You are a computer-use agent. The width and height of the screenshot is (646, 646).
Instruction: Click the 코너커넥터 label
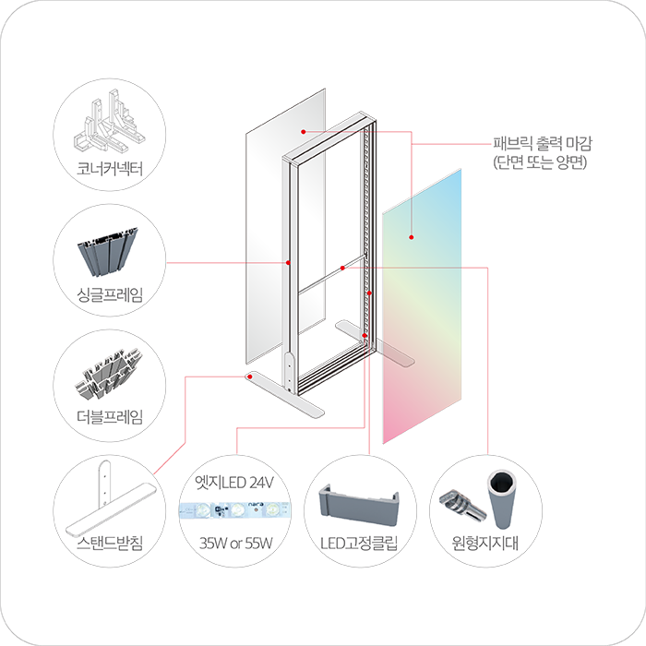112,168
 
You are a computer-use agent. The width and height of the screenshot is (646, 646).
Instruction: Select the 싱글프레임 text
112,293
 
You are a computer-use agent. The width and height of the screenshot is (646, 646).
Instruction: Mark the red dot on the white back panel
305,131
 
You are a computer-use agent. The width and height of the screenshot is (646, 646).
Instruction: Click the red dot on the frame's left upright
289,263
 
